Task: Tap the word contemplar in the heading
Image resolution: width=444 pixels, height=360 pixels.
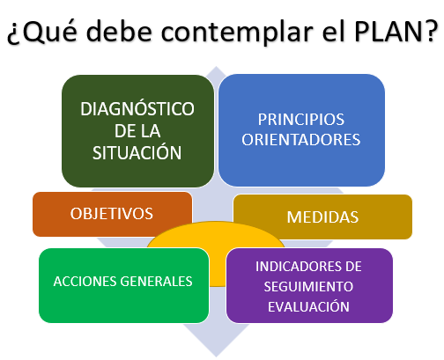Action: tap(237, 32)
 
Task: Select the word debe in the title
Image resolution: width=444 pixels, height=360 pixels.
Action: tap(119, 30)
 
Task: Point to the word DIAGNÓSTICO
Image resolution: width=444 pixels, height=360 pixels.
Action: tap(137, 109)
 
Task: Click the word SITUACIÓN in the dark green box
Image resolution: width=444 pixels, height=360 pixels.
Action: tap(137, 152)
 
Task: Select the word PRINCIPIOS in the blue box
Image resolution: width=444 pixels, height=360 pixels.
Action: tap(301, 120)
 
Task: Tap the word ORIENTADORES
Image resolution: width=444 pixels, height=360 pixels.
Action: tap(301, 139)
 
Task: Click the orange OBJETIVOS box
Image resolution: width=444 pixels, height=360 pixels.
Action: tap(112, 214)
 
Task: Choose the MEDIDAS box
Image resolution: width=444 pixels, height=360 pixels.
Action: tap(322, 217)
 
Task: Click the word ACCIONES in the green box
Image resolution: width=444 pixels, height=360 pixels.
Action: tap(85, 282)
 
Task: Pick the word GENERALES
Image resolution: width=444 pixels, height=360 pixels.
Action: tap(157, 282)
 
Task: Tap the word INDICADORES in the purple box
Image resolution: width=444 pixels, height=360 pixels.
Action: tap(296, 267)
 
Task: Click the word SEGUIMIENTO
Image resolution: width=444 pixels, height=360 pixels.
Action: tap(308, 287)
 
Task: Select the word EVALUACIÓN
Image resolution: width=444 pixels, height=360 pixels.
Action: tap(308, 306)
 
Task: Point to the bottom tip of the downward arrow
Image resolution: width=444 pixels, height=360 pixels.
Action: tap(217, 356)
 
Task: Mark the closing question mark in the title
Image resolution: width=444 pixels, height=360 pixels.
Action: tap(431, 30)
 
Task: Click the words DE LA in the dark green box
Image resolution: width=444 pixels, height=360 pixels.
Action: tap(137, 131)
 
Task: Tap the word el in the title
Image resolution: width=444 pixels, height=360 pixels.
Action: tap(334, 30)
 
